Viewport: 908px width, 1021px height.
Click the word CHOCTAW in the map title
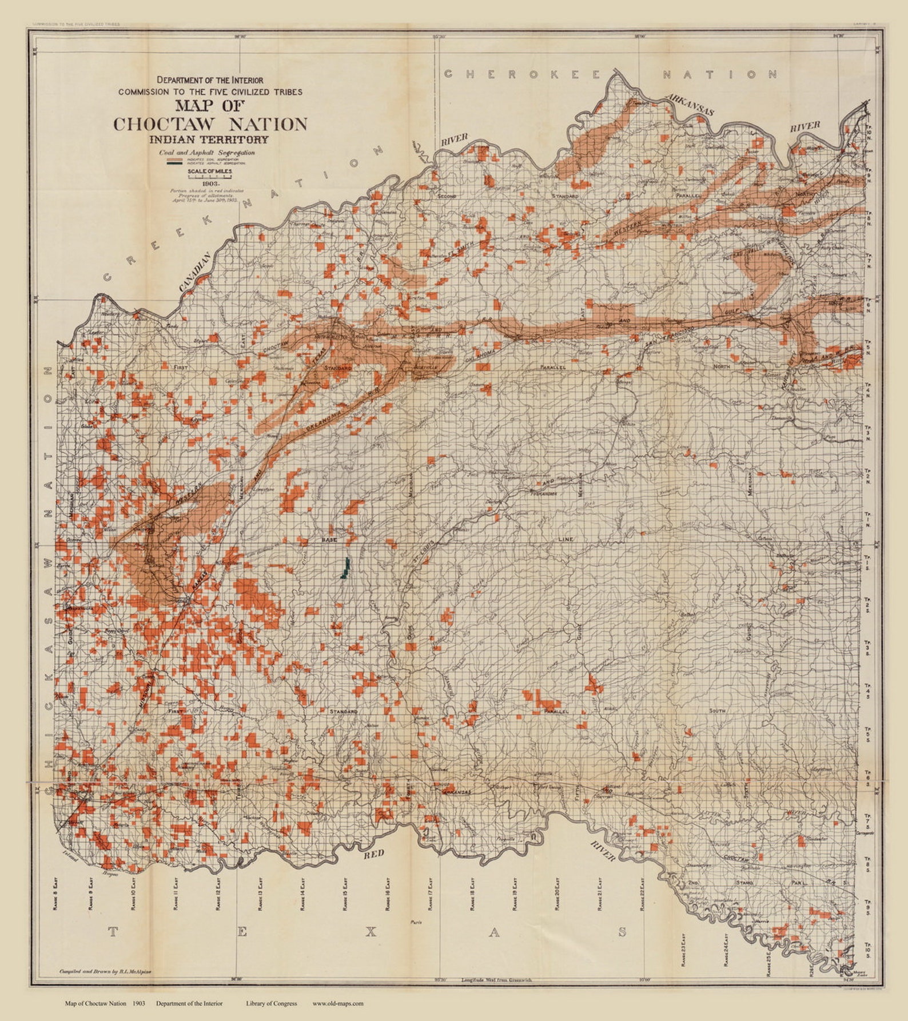[166, 124]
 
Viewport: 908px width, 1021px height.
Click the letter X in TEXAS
[371, 932]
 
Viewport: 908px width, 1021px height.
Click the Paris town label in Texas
[416, 922]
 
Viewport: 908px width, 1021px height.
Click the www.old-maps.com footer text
[337, 1003]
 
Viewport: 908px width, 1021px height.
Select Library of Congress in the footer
[271, 1003]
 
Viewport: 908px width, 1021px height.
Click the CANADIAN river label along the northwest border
[194, 273]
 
